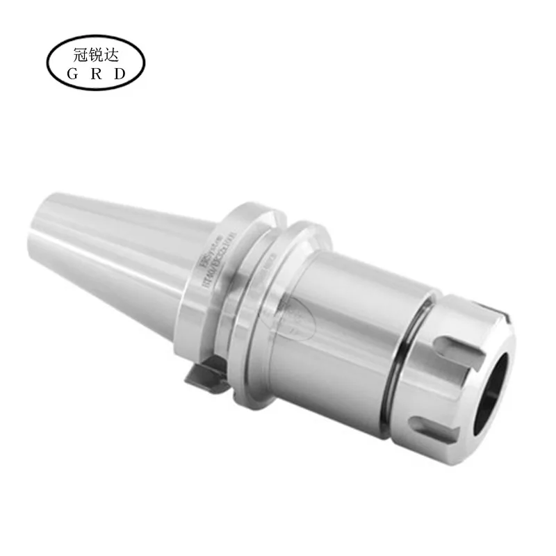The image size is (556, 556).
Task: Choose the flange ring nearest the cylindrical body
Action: [292, 306]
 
